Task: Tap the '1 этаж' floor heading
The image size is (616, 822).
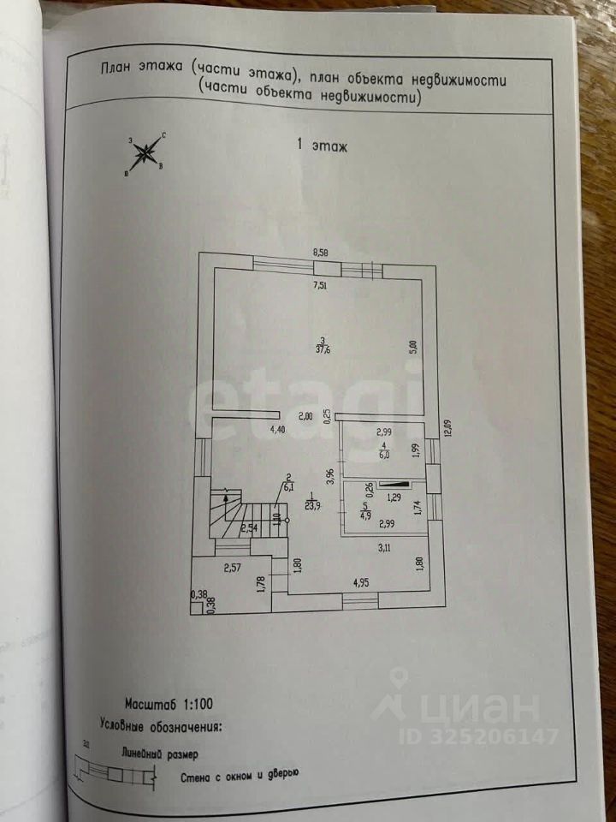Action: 322,146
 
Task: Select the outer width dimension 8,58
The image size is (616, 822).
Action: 321,253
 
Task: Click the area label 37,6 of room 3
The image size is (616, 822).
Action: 322,348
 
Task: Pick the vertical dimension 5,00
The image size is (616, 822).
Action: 412,348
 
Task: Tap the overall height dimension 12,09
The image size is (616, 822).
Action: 446,427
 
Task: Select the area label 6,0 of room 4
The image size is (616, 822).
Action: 385,455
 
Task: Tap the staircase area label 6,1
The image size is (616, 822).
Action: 288,486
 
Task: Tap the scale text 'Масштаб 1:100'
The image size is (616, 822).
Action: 168,704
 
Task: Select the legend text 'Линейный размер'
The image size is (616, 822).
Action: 159,754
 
